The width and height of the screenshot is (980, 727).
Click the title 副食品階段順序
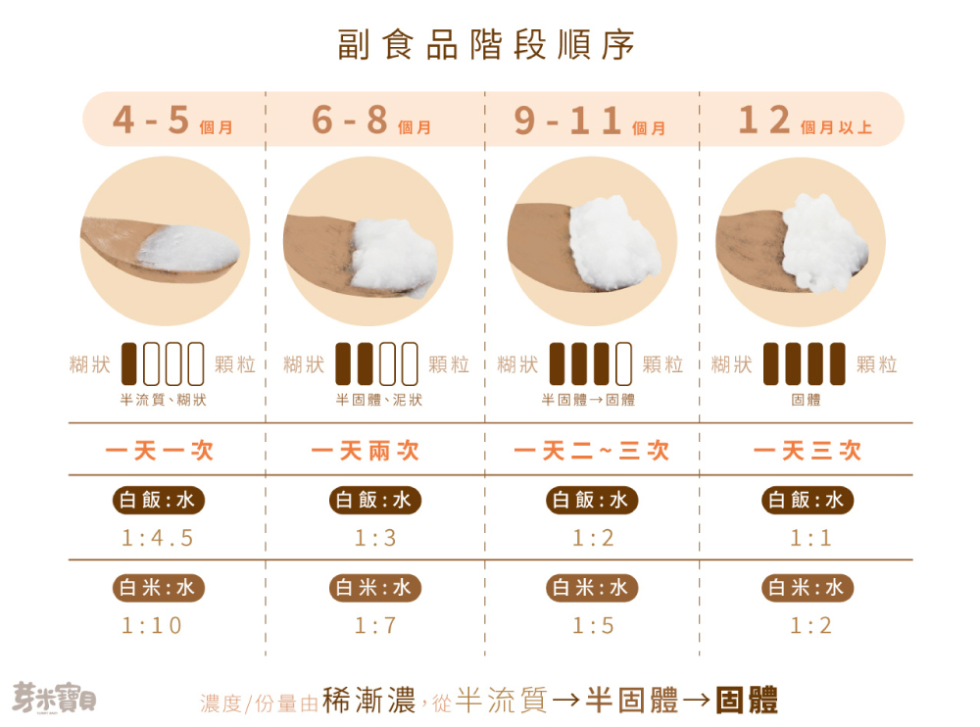tap(486, 45)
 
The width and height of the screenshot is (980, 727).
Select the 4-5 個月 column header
tap(172, 121)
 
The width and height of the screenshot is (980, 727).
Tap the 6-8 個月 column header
tap(371, 121)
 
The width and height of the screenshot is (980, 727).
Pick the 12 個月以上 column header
tap(804, 121)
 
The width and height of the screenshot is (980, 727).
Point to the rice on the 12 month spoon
tap(825, 242)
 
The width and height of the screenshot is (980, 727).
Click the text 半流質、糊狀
tap(163, 400)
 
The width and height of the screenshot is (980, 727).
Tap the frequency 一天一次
tap(159, 451)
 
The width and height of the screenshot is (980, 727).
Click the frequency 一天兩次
tap(366, 451)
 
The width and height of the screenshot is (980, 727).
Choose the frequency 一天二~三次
tap(592, 451)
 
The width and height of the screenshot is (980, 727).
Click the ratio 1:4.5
tap(159, 538)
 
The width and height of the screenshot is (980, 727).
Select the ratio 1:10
tap(152, 625)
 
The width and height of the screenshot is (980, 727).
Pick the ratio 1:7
tap(375, 625)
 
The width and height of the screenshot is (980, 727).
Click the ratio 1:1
tap(810, 538)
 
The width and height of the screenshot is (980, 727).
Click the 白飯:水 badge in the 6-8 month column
tap(375, 501)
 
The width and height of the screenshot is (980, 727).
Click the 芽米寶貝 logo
tap(54, 698)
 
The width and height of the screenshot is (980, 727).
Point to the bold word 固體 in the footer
tap(747, 701)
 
